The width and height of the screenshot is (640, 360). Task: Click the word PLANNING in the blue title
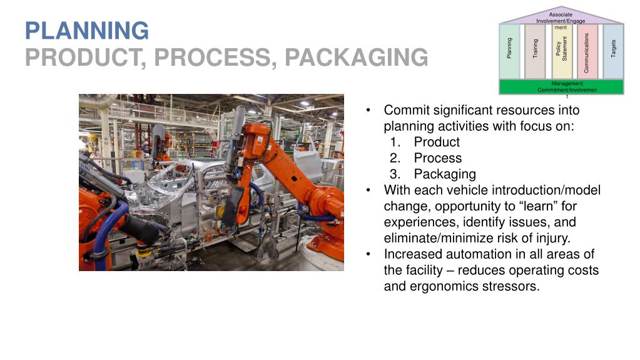87,30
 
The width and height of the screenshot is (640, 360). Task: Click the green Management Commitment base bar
561,86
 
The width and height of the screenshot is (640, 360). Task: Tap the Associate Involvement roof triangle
561,15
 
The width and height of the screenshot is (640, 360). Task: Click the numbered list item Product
437,142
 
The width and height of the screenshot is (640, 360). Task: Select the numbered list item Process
437,158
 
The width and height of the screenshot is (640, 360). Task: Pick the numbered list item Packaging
445,175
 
